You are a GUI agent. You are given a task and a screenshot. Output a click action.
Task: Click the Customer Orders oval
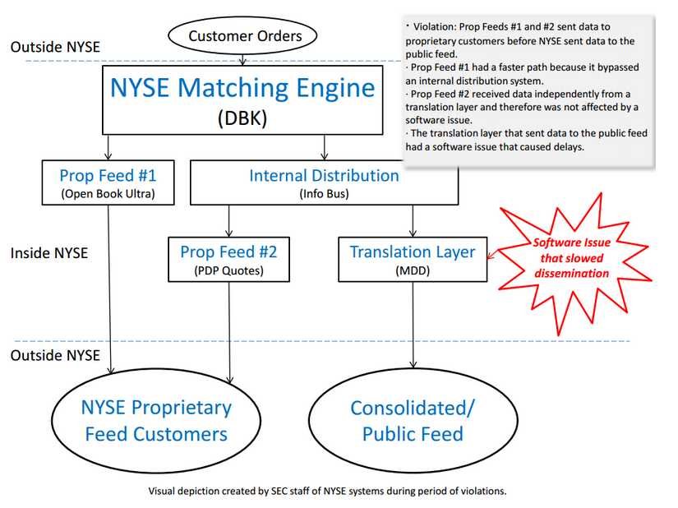[x=245, y=35]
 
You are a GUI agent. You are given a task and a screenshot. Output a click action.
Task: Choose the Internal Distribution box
[x=324, y=182]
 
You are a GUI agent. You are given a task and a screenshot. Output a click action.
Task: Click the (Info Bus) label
[x=324, y=194]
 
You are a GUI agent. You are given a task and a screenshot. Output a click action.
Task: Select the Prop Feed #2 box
[x=228, y=258]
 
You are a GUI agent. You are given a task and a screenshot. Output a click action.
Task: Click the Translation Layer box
[x=412, y=258]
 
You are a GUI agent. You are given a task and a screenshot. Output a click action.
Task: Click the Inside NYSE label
[x=48, y=253]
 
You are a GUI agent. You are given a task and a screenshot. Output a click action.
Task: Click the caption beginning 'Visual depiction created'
[x=327, y=492]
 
